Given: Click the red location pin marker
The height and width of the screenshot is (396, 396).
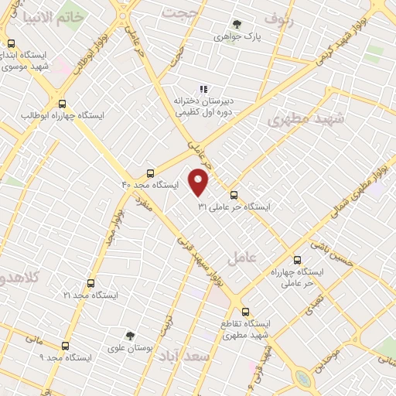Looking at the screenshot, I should [200, 182].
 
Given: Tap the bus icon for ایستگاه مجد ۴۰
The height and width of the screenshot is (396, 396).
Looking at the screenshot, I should [150, 173].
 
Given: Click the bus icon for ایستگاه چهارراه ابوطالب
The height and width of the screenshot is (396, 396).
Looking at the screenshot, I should [62, 104].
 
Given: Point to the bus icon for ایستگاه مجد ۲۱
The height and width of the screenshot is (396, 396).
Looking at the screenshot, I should [91, 283].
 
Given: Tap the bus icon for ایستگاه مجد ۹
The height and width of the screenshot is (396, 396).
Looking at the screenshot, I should [64, 346].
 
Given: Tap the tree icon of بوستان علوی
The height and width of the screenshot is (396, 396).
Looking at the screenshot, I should [130, 336].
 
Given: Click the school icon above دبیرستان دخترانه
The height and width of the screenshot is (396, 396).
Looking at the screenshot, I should [204, 90].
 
